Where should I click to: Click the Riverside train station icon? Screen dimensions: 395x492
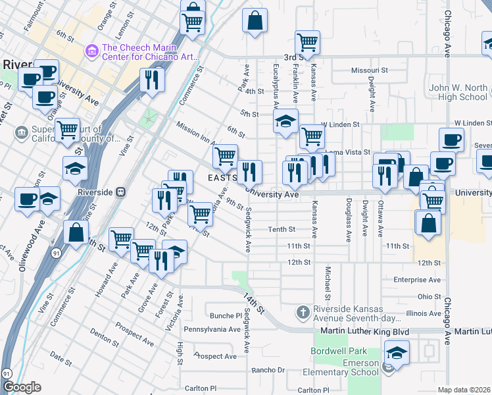tap(120, 192)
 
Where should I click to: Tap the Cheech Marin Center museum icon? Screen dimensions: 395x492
tap(91, 51)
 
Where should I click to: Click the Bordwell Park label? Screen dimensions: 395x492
tap(338, 351)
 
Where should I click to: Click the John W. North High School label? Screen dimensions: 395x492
tap(458, 92)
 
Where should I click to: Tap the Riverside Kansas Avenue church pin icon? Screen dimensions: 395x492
tap(302, 311)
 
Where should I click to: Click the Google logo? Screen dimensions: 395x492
tap(22, 388)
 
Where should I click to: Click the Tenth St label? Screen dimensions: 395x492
tap(281, 229)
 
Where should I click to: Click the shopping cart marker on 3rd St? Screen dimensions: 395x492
tap(308, 42)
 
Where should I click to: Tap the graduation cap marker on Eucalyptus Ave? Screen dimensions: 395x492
tap(285, 122)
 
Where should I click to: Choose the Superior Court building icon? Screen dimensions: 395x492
tap(22, 133)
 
